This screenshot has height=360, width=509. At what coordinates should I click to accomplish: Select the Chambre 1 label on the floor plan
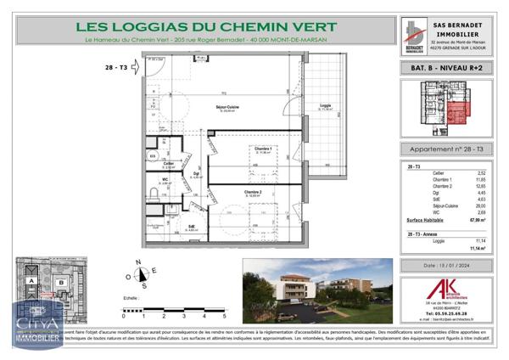(262, 149)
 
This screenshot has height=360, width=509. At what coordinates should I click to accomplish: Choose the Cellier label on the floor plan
(169, 163)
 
